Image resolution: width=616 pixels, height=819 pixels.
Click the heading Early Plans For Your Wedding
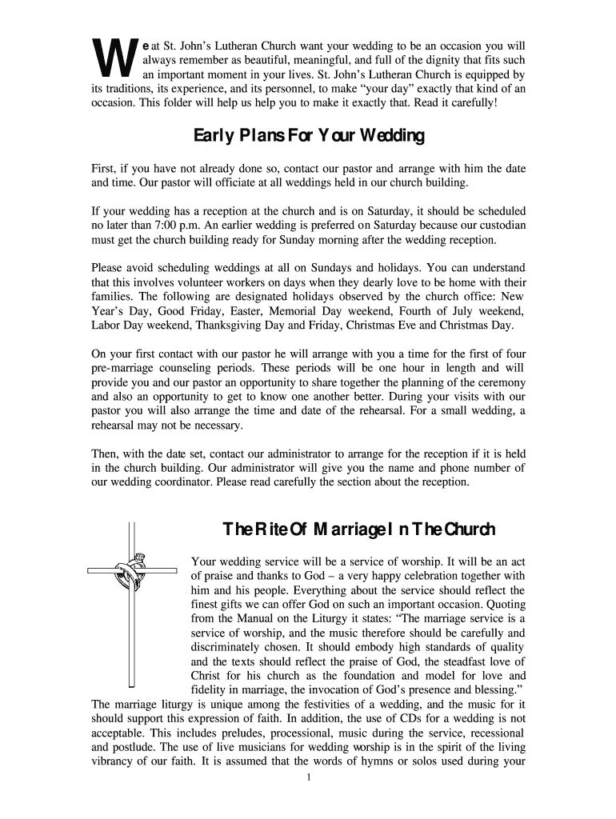[309, 137]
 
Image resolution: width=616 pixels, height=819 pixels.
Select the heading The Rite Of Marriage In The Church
[358, 529]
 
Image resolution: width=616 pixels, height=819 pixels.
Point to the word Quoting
[504, 605]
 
